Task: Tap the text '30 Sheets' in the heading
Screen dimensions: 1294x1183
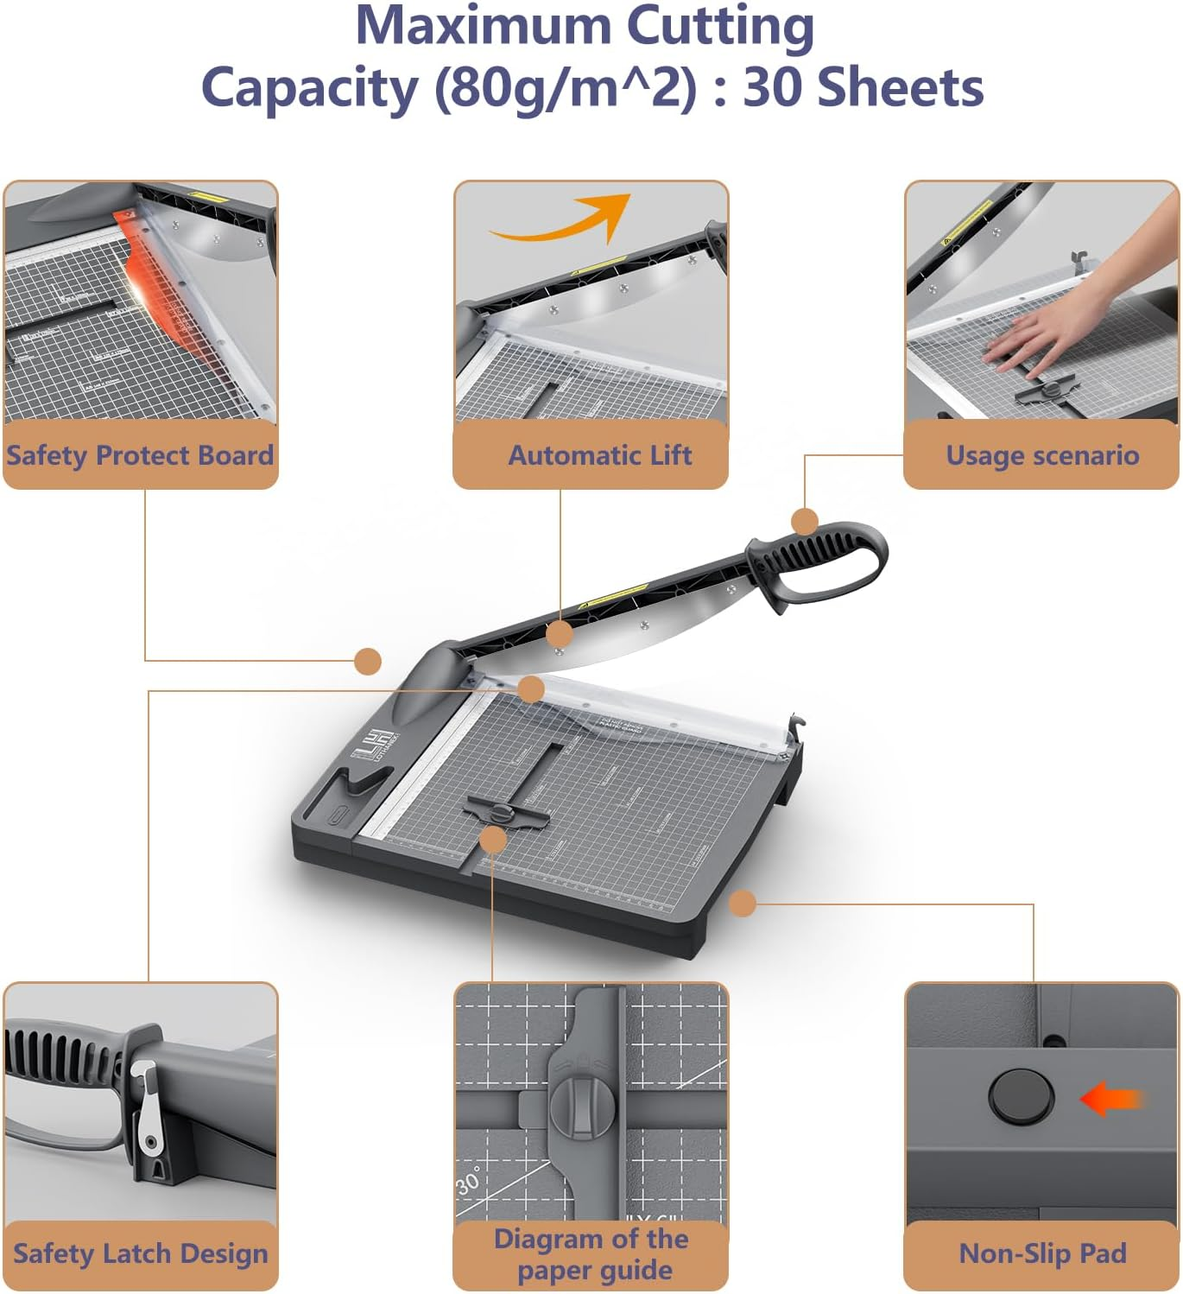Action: [x=863, y=88]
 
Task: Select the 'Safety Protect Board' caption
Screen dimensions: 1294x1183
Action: [x=140, y=455]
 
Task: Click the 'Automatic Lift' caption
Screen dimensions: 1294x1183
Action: [x=599, y=455]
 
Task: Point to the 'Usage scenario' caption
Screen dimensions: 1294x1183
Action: [x=1042, y=455]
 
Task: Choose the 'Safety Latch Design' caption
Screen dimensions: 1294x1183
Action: [x=140, y=1253]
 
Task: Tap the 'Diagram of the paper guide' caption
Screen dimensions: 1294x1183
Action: [x=591, y=1254]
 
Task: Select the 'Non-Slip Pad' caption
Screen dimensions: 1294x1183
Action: [x=1042, y=1253]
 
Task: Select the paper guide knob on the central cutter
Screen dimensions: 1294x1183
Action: [x=502, y=812]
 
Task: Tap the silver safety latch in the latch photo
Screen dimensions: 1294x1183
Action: [x=147, y=1110]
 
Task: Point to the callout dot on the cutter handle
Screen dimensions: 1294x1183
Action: [x=805, y=522]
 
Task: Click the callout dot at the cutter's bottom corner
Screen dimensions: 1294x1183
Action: [x=743, y=904]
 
